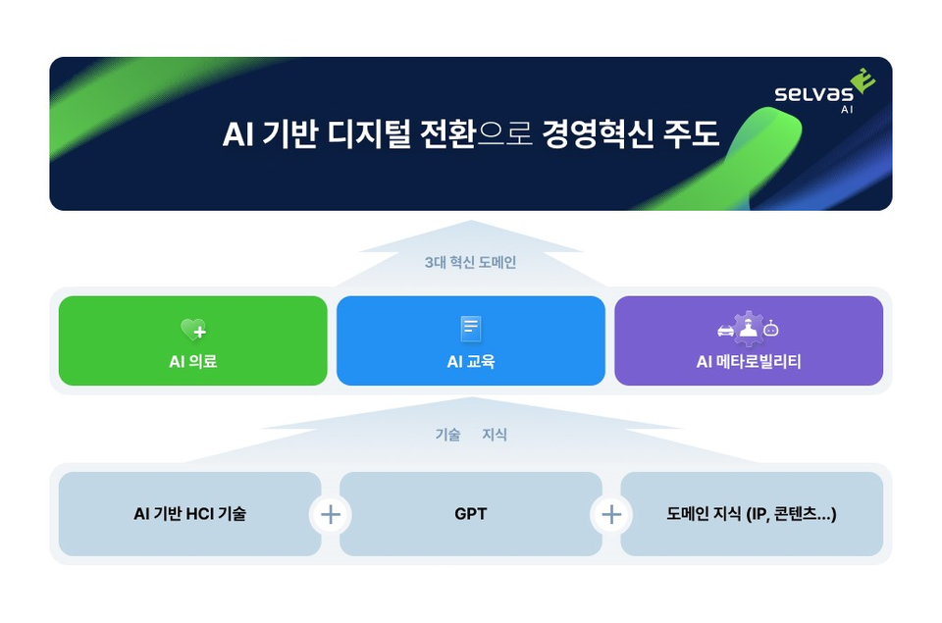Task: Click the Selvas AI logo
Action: tap(823, 96)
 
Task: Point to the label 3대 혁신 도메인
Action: tap(470, 263)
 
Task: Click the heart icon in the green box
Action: tap(192, 330)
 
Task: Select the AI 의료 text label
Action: tap(192, 361)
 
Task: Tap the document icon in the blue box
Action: tap(471, 329)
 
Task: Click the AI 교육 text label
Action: tap(471, 361)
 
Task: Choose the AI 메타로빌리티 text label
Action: tap(749, 361)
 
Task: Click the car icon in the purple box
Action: tap(726, 331)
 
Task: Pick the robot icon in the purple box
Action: tap(771, 329)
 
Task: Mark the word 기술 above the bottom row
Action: tap(447, 435)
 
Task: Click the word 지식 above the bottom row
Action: tap(495, 435)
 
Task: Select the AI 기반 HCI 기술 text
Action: tap(190, 513)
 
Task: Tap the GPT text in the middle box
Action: tap(471, 513)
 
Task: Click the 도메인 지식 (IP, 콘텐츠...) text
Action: tap(751, 513)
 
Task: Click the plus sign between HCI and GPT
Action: tap(331, 514)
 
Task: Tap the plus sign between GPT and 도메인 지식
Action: tap(611, 514)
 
